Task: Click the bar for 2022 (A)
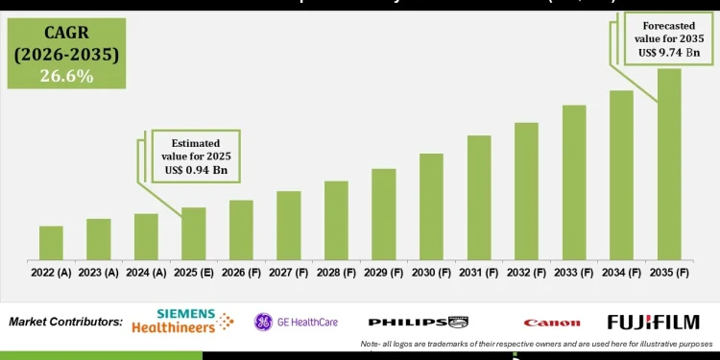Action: point(51,243)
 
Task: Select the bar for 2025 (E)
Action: point(194,233)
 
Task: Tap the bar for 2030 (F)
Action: point(431,206)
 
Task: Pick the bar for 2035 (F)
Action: point(669,164)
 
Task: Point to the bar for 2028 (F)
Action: point(336,220)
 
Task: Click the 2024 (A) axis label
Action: point(146,274)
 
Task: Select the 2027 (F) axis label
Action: point(289,274)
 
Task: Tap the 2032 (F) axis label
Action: point(526,274)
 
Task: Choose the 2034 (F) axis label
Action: point(621,274)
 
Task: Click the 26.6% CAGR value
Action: point(66,75)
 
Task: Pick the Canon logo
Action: point(552,323)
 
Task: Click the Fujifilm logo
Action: point(654,322)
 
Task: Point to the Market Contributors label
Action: point(65,322)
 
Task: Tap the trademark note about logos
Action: point(539,344)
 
